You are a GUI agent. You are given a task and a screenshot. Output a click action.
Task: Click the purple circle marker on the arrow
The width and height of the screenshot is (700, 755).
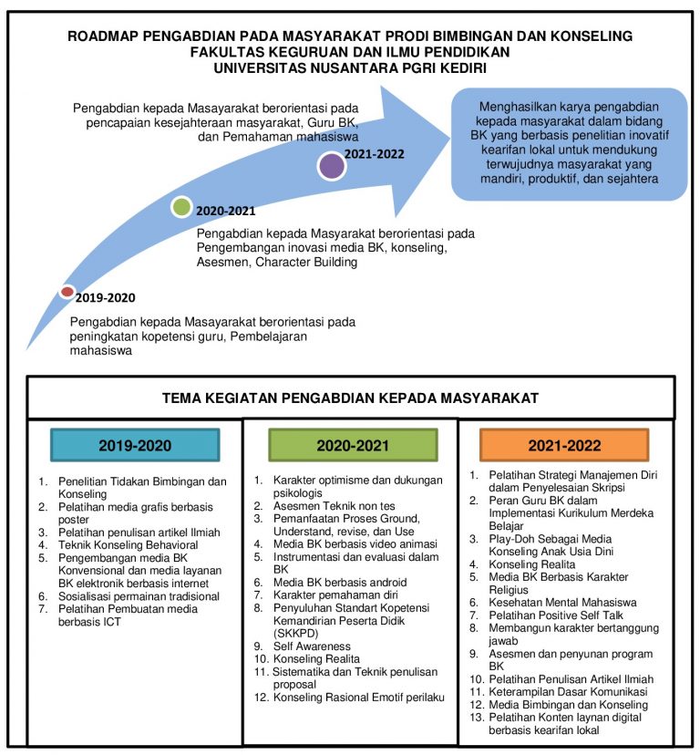click(x=332, y=166)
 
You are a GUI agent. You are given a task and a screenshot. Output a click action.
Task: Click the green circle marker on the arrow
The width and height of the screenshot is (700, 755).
click(x=182, y=207)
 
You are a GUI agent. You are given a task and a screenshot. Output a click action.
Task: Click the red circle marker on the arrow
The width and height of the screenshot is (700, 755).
click(x=67, y=292)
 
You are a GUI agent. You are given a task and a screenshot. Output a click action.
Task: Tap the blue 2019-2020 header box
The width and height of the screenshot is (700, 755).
click(x=135, y=446)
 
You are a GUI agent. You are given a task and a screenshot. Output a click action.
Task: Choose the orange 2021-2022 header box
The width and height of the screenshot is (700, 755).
click(x=564, y=446)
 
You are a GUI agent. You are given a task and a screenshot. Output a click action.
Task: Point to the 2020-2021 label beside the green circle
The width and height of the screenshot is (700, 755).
click(x=226, y=212)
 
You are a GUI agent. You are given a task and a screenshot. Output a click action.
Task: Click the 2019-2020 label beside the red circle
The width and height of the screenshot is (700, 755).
click(x=105, y=298)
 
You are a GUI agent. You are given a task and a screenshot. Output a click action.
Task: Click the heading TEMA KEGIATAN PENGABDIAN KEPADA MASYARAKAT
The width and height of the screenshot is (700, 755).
click(x=350, y=398)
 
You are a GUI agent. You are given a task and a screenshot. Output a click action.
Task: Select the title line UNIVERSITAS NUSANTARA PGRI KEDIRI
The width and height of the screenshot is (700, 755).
click(x=350, y=67)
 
